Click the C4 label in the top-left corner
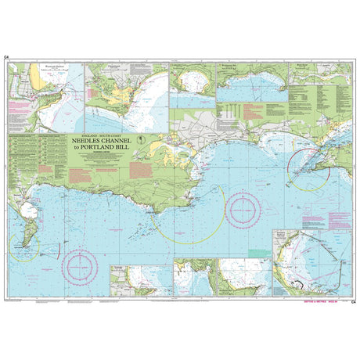pos(5,57)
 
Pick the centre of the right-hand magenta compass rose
pos(243,207)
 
